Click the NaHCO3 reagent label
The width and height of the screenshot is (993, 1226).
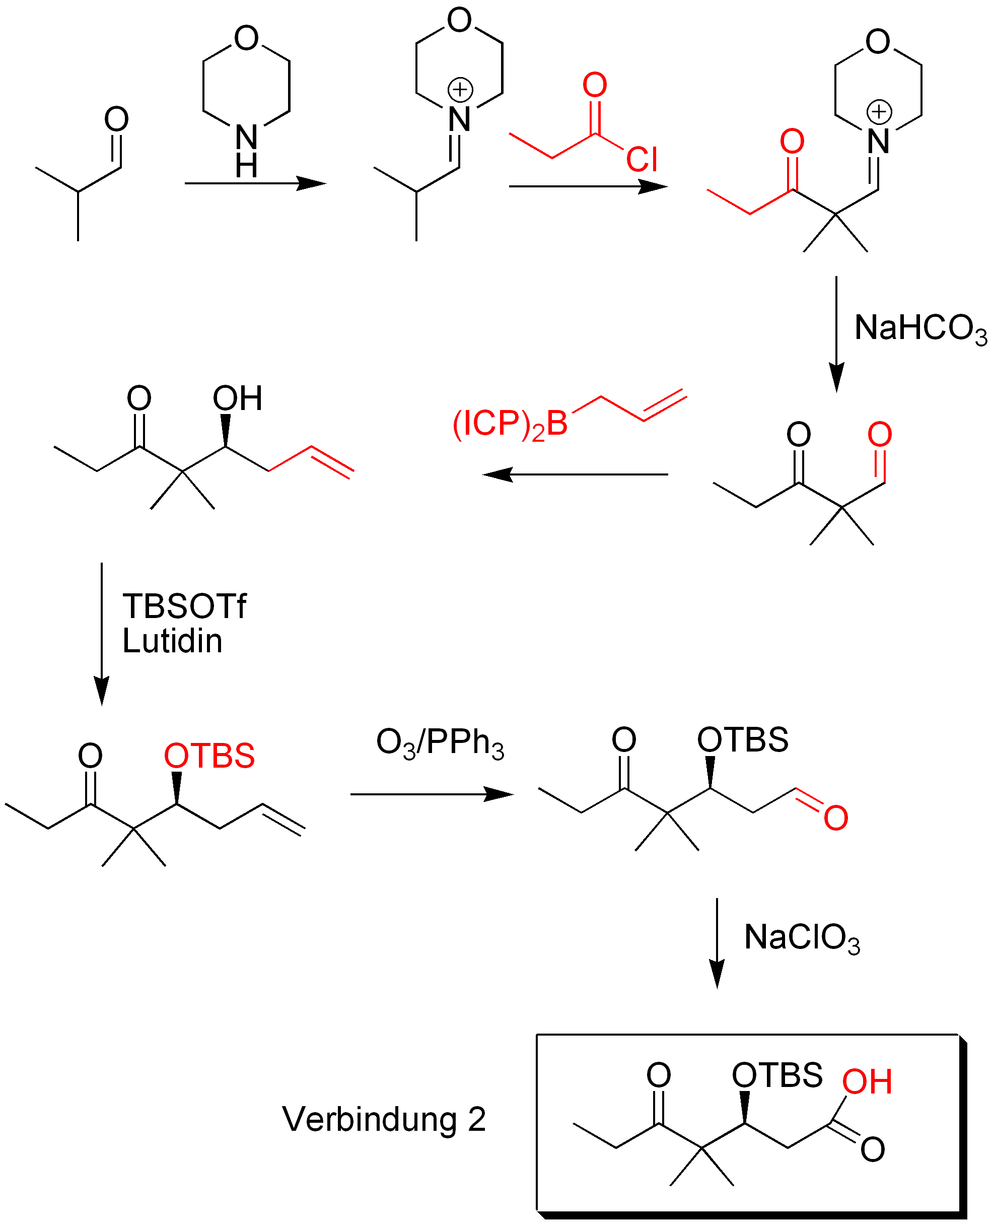point(920,329)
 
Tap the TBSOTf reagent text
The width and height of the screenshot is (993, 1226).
point(184,606)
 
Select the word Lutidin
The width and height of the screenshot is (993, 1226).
point(172,641)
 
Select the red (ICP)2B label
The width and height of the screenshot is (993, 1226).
point(510,425)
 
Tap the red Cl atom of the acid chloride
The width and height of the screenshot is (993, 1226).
point(641,159)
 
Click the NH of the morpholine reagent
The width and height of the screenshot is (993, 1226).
point(246,150)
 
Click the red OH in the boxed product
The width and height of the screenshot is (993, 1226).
point(867,1082)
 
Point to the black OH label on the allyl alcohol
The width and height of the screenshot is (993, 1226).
point(237,398)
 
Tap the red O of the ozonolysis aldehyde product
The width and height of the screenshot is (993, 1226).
point(836,818)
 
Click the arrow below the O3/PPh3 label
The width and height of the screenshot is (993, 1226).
point(432,794)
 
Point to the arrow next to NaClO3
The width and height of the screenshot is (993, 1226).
point(717,943)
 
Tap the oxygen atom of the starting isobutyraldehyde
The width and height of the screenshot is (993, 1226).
point(116,119)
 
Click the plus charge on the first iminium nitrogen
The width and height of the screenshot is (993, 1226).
point(460,90)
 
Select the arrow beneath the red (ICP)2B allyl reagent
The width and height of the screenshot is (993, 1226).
point(576,474)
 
